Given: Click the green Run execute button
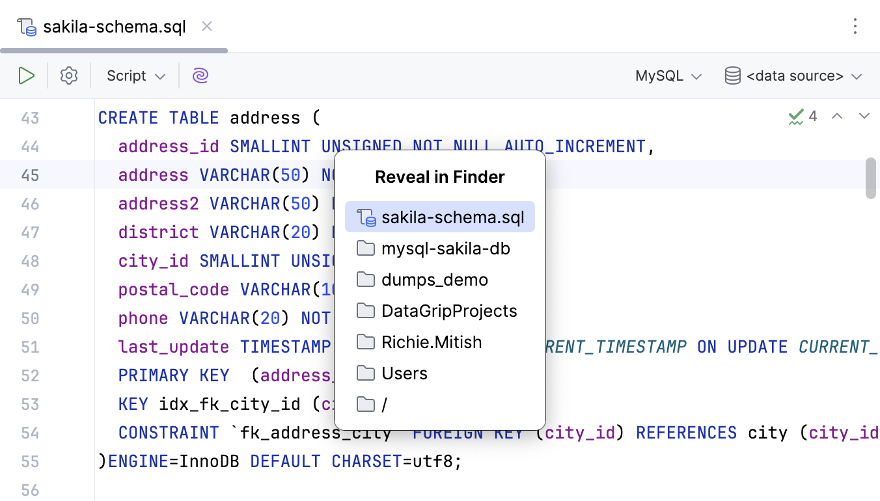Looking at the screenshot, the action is click(x=26, y=76).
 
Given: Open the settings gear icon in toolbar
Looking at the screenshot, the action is click(x=69, y=76).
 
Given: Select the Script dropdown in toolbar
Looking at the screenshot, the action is click(x=135, y=76).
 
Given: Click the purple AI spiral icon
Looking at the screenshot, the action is click(x=200, y=76).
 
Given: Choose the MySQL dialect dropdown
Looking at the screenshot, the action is click(x=668, y=76).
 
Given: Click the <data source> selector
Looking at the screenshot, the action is click(x=793, y=76).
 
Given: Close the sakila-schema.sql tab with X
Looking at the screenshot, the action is click(x=207, y=27).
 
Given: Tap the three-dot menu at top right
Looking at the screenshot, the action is click(x=855, y=27).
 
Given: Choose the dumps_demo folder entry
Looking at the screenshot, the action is click(x=434, y=280).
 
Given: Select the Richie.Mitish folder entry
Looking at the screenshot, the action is click(x=432, y=342).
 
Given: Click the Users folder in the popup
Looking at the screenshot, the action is click(x=404, y=373).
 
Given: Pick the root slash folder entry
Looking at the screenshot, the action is click(x=384, y=405).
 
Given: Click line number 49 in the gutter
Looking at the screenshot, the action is click(x=30, y=290).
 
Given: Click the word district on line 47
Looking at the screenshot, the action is click(x=158, y=232).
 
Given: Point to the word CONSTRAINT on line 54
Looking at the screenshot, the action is click(x=169, y=433).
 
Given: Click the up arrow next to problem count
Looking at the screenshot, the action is click(x=838, y=116).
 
